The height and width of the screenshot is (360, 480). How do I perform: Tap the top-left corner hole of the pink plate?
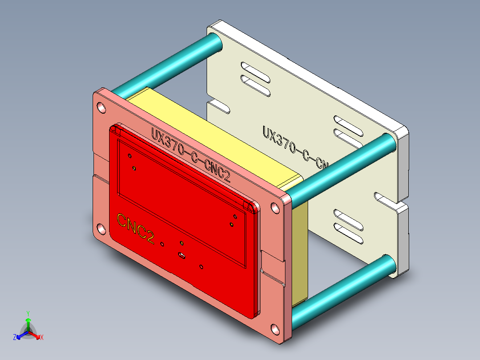point(102,107)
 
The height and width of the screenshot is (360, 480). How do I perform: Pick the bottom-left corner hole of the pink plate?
point(102,229)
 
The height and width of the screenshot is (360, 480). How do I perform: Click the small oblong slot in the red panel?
point(181,255)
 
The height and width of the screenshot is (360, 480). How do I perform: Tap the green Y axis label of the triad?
point(28,313)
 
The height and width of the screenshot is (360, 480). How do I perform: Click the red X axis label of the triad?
point(42,338)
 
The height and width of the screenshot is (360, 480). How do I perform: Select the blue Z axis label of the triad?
point(15,337)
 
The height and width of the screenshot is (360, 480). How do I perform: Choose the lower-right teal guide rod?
point(343,286)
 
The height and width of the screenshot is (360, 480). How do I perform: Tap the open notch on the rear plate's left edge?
point(218,106)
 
